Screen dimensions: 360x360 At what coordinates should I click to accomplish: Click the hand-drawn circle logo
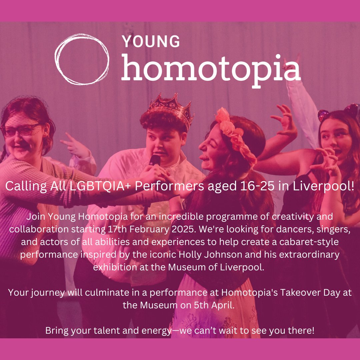82,59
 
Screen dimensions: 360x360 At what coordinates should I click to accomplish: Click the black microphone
155,160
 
